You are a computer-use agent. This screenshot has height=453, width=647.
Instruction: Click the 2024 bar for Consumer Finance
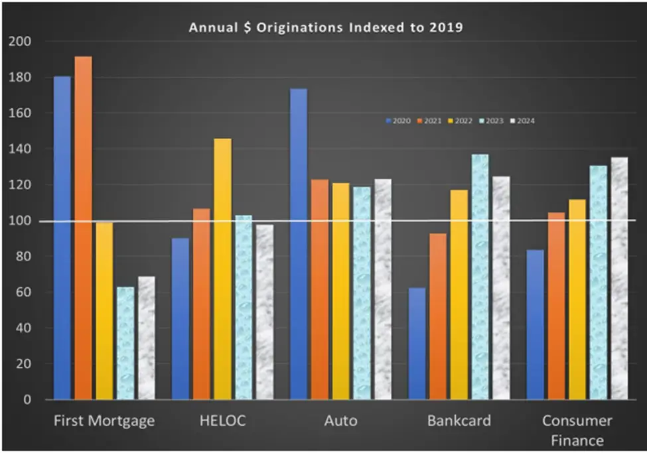coord(618,279)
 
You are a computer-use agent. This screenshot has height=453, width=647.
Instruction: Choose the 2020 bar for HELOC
coord(180,318)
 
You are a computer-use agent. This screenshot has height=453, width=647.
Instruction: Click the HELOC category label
coord(222,421)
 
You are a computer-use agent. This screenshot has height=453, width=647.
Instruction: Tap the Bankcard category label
coord(459,421)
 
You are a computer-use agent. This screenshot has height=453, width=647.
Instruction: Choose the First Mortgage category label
coord(104,421)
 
